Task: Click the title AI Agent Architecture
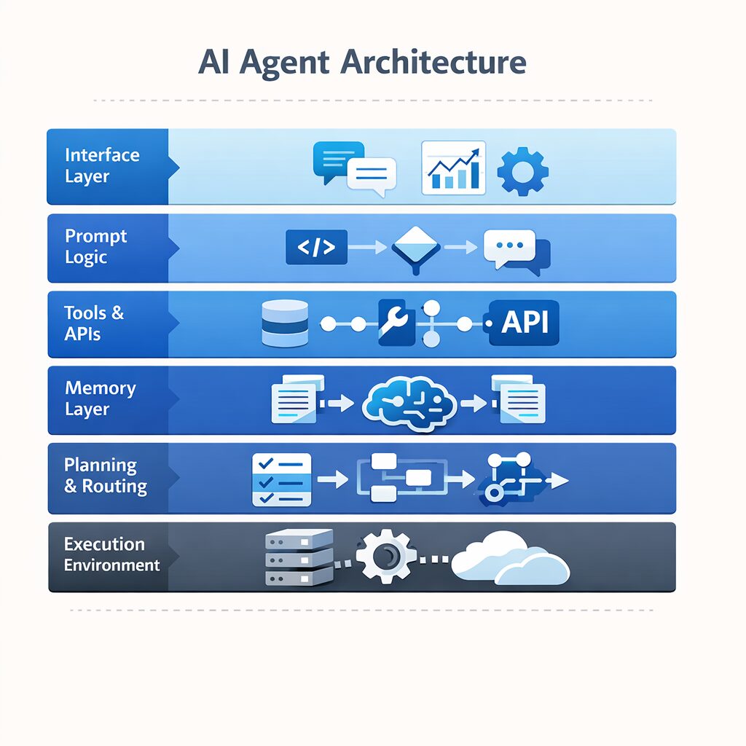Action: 361,62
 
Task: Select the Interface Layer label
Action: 102,165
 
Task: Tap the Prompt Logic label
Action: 96,246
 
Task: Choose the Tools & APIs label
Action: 94,323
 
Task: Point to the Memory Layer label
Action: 101,398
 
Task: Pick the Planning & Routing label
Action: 106,476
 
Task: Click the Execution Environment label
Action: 112,554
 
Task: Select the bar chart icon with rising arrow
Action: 453,168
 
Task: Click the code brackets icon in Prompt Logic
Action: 316,248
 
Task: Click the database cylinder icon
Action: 284,323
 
